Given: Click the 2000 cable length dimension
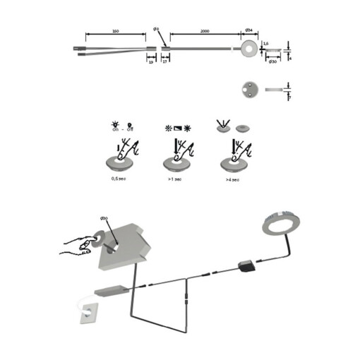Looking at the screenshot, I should pyautogui.click(x=205, y=32).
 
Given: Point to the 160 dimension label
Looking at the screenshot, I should pyautogui.click(x=115, y=32).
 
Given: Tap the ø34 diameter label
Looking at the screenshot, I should pyautogui.click(x=249, y=31).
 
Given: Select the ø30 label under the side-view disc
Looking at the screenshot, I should pyautogui.click(x=273, y=62).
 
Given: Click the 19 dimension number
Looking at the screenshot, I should pyautogui.click(x=150, y=62).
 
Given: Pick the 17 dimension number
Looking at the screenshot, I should pyautogui.click(x=164, y=62).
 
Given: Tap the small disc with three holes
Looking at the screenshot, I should pyautogui.click(x=250, y=89).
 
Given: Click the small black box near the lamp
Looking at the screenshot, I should pyautogui.click(x=248, y=265).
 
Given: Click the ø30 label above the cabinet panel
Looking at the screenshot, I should pyautogui.click(x=103, y=218).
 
